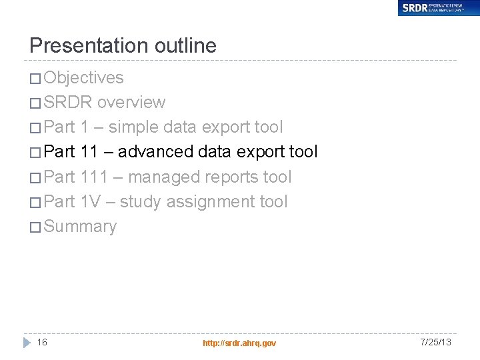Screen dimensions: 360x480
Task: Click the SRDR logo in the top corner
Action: pyautogui.click(x=439, y=8)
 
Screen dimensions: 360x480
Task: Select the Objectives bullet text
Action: pyautogui.click(x=83, y=77)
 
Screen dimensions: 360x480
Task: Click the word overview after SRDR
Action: pyautogui.click(x=131, y=102)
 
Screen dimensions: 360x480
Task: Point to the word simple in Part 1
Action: pyautogui.click(x=132, y=127)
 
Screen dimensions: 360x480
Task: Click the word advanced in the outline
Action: pyautogui.click(x=156, y=151)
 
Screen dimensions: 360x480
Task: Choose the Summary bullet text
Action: pyautogui.click(x=80, y=226)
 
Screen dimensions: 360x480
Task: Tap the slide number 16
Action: pyautogui.click(x=42, y=342)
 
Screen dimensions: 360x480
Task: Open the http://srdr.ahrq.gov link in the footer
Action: pyautogui.click(x=239, y=343)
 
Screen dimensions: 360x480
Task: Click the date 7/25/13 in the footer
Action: pyautogui.click(x=436, y=342)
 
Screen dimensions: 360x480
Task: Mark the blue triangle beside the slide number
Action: pyautogui.click(x=27, y=342)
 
